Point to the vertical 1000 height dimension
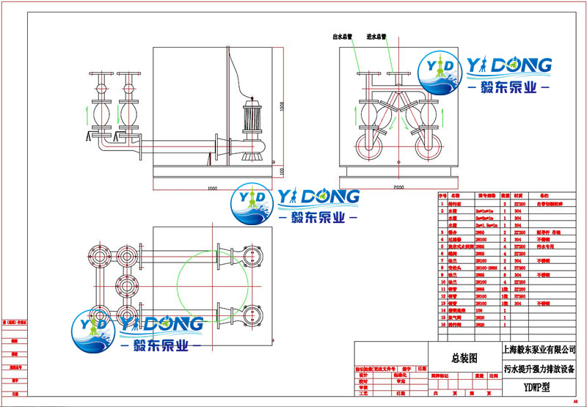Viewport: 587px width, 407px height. (x=282, y=105)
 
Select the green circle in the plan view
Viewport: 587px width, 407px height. (x=208, y=286)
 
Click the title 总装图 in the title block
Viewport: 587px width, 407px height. (x=464, y=358)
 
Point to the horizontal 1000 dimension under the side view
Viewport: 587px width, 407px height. (x=212, y=188)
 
